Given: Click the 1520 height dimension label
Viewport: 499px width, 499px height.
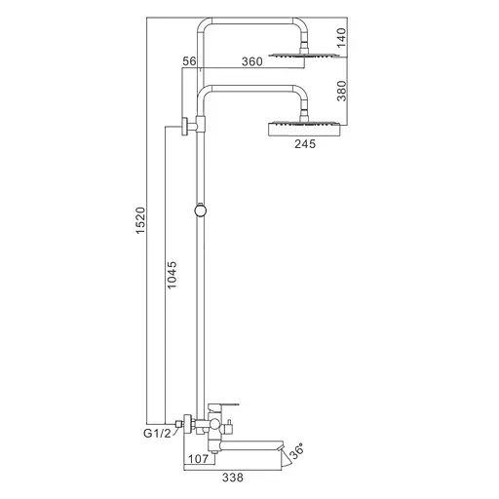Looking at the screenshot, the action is pyautogui.click(x=140, y=220).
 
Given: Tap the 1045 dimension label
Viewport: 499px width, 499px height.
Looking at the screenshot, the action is pyautogui.click(x=172, y=275).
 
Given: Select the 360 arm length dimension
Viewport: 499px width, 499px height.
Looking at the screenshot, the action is pyautogui.click(x=252, y=61).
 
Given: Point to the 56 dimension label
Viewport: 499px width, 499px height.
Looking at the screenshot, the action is pyautogui.click(x=189, y=61).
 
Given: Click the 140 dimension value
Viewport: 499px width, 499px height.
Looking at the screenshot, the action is pyautogui.click(x=341, y=37).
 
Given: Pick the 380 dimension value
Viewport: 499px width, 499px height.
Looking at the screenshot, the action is pyautogui.click(x=342, y=91).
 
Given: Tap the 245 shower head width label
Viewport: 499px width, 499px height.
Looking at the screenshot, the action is pyautogui.click(x=305, y=143).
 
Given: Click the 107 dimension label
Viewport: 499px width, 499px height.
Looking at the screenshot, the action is pyautogui.click(x=198, y=459).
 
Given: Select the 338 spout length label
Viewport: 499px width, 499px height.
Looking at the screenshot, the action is pyautogui.click(x=233, y=478).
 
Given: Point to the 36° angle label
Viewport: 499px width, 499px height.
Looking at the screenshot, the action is pyautogui.click(x=297, y=450).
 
